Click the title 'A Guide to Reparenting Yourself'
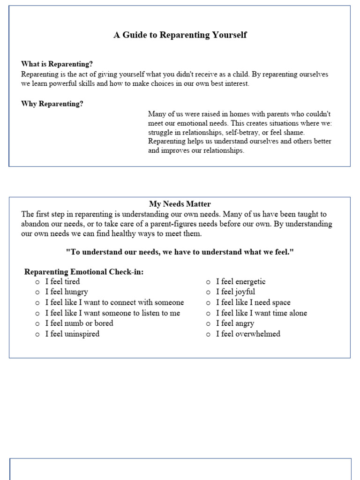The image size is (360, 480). (180, 35)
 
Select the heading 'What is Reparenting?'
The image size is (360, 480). (57, 64)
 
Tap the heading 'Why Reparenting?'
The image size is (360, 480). (52, 104)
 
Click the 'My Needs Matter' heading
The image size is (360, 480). (180, 204)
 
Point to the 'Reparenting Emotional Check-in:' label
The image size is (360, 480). (84, 272)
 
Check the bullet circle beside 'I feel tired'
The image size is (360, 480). (37, 282)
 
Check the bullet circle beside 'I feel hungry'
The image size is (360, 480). (37, 292)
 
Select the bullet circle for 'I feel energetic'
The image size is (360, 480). (208, 282)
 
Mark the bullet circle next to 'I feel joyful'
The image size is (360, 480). (208, 292)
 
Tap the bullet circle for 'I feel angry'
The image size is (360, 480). (208, 324)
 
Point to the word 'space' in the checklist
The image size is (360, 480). (280, 303)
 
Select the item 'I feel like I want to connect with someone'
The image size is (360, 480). (114, 303)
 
